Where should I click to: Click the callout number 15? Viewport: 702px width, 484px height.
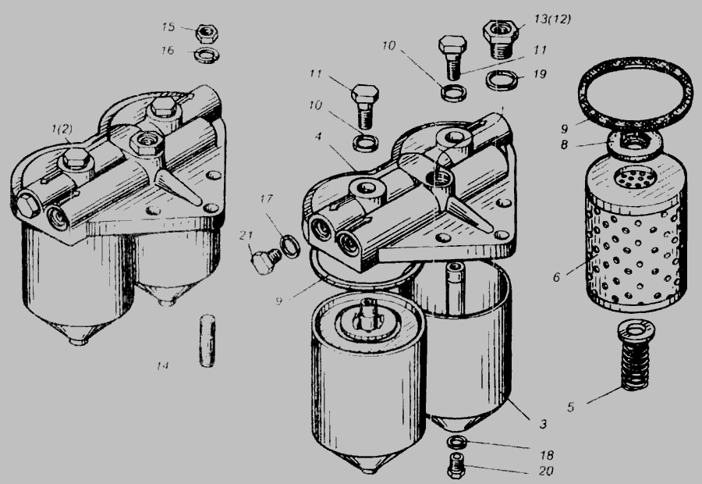click(168, 27)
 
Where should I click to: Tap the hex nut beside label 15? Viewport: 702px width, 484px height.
click(207, 33)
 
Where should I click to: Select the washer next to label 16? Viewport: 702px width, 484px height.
click(207, 55)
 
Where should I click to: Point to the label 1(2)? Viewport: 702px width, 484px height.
click(62, 130)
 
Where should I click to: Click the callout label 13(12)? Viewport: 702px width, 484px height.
click(552, 20)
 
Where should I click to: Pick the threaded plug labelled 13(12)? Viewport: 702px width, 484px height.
click(500, 40)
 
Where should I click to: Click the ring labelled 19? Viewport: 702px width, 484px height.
click(502, 80)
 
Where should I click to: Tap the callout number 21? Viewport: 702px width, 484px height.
click(246, 235)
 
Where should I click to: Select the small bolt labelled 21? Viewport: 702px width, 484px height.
click(266, 261)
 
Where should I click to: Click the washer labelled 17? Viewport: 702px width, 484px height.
click(290, 246)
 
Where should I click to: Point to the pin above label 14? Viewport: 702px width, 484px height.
click(207, 341)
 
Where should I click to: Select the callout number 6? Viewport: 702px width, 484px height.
click(556, 277)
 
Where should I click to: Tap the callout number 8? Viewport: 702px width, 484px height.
click(564, 144)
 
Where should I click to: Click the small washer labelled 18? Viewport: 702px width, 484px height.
click(456, 443)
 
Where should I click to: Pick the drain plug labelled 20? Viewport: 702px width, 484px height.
click(456, 465)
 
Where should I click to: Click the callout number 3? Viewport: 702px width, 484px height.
click(543, 423)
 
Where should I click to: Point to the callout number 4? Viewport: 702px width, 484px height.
click(318, 136)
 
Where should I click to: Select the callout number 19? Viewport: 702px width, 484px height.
click(541, 74)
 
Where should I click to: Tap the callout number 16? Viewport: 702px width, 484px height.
click(168, 50)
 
